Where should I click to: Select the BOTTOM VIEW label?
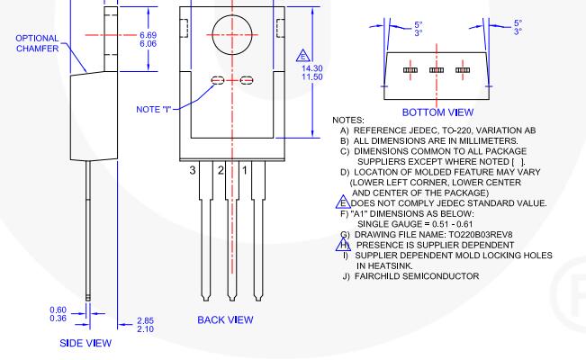coord(436,113)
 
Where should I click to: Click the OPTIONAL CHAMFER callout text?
coord(37,43)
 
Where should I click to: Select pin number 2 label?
coord(220,168)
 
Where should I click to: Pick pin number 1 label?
coord(244,168)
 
